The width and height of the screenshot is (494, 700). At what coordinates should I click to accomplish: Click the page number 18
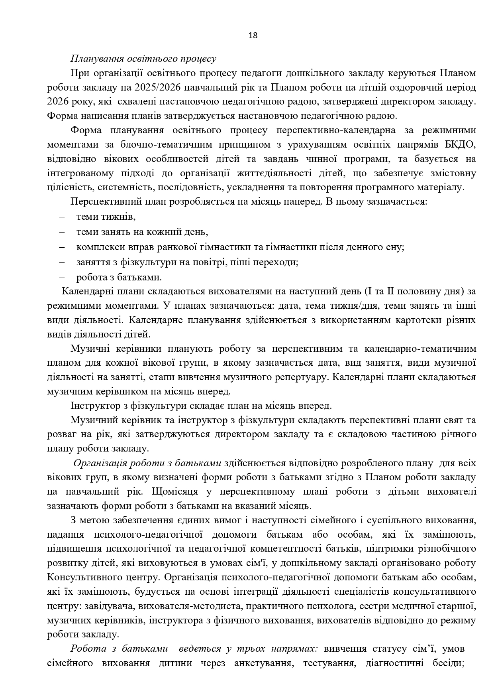point(253,35)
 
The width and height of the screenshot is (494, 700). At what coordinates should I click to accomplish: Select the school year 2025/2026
point(156,87)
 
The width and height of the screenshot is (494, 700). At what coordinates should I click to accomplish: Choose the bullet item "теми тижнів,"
point(106,217)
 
